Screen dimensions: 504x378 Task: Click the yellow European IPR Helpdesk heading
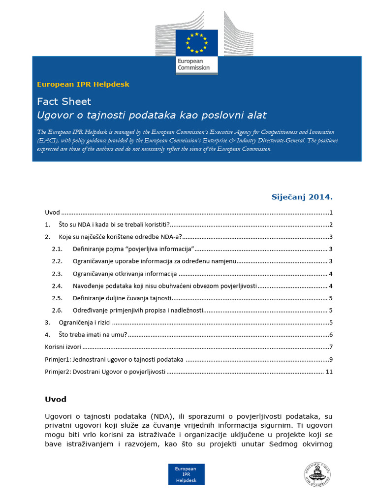(83, 85)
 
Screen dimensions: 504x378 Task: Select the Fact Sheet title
(64, 101)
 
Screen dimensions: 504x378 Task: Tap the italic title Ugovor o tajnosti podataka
(152, 115)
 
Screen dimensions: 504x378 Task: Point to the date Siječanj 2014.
(302, 197)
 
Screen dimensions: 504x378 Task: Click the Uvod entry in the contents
(52, 213)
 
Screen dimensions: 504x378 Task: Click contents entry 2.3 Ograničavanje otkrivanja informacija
(125, 274)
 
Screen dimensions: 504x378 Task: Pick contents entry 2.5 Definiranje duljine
(122, 298)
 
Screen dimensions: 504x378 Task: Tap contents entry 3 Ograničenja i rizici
(84, 323)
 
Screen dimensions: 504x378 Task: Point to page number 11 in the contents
(329, 372)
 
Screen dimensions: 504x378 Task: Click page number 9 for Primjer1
(331, 359)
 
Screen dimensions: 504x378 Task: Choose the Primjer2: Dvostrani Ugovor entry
(105, 372)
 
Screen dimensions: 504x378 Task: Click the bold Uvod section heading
(56, 399)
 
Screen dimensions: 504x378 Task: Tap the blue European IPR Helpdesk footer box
(187, 474)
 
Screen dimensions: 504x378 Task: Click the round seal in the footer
(317, 474)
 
